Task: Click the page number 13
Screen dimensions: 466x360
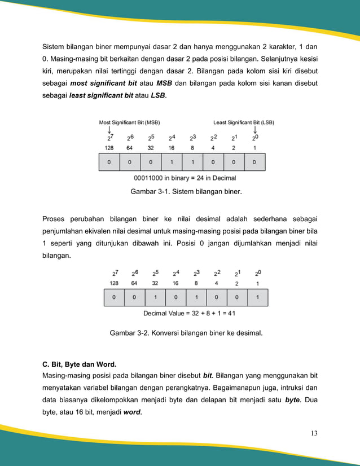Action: [314, 433]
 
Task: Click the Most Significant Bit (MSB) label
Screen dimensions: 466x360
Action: [129, 122]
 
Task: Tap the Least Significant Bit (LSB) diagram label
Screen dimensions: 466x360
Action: [244, 122]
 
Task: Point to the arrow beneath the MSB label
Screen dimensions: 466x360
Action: [109, 130]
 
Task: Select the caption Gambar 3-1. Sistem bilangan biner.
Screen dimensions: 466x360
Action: [186, 192]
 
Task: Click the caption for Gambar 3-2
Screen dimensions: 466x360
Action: [186, 333]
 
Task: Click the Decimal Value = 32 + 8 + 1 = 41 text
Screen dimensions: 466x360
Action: [186, 313]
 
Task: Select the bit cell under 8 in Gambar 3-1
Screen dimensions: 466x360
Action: [192, 162]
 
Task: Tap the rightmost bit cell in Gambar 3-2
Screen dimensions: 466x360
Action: [257, 297]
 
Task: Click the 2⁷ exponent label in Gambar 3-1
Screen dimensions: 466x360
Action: [109, 137]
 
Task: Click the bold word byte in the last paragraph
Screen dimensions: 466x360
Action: [292, 399]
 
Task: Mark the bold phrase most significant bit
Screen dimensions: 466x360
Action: [103, 84]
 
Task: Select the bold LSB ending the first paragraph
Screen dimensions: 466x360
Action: [157, 96]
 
